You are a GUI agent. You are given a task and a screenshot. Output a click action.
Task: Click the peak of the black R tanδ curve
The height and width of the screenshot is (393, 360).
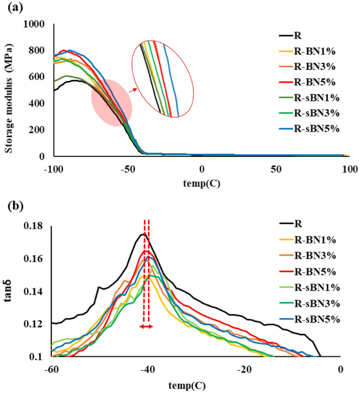point(143,233)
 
